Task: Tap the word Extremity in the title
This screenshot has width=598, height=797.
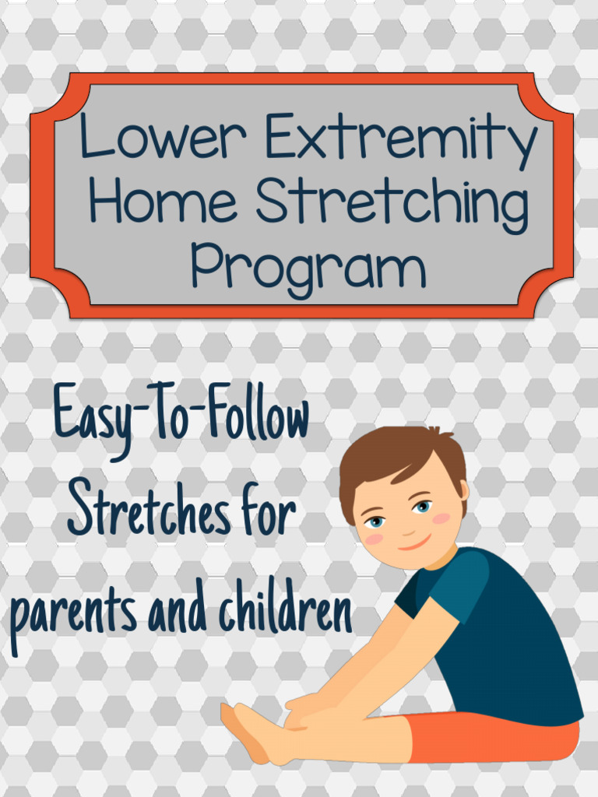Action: tap(401, 138)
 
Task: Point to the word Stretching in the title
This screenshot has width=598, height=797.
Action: tap(392, 204)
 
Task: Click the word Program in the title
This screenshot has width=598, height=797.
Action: tap(308, 269)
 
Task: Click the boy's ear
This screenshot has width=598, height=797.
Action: tap(463, 490)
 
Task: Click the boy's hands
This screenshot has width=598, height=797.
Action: tap(304, 712)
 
